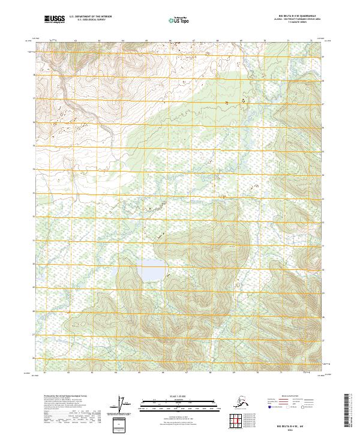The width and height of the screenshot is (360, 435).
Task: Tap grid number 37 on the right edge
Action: [323, 104]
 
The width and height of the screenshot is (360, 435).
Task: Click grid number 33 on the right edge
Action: [323, 199]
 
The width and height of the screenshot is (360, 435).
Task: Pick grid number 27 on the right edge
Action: [323, 340]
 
